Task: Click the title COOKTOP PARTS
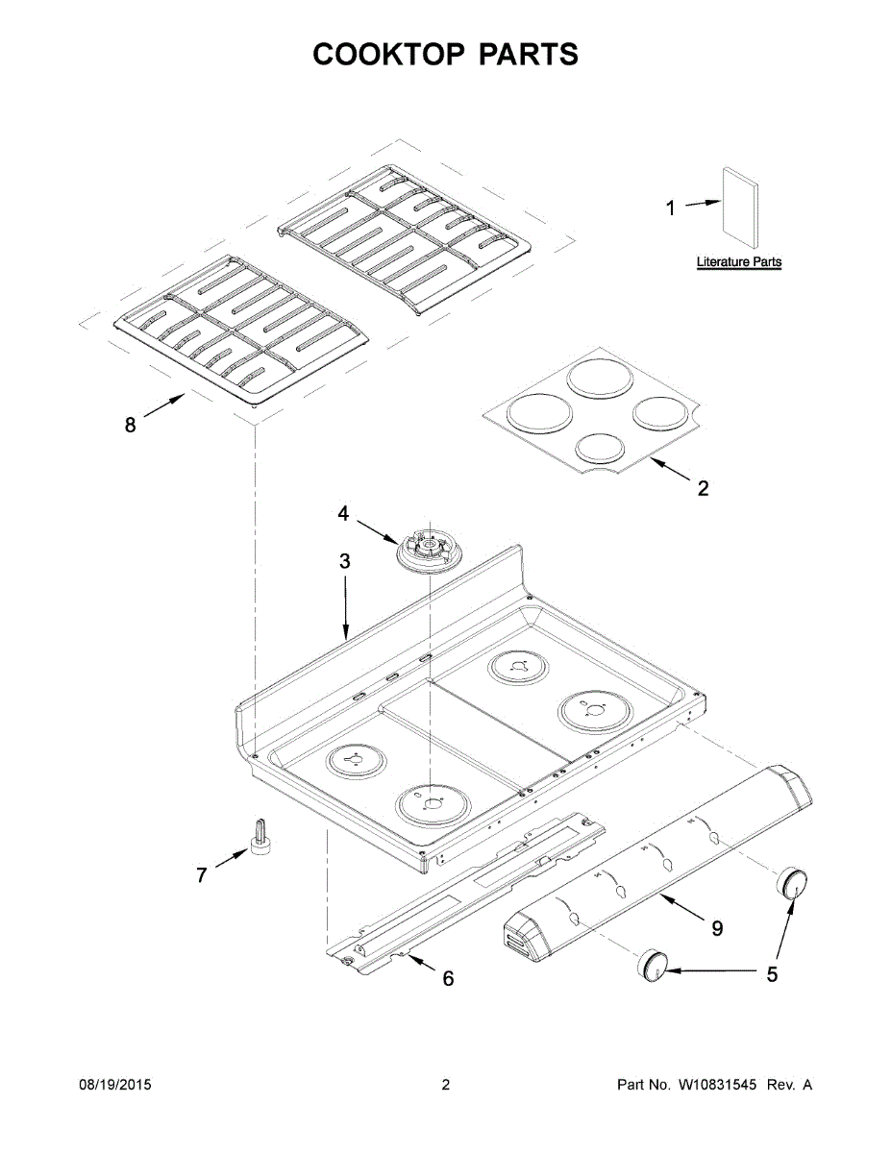445,55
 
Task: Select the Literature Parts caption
738,261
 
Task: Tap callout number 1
671,208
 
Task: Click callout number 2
703,488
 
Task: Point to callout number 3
345,562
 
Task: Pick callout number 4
343,514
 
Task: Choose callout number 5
772,974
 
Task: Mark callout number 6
448,978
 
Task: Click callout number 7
202,875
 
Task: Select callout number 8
131,424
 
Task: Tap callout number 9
717,928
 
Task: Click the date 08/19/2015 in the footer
114,1086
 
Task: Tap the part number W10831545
718,1086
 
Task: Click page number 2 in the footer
445,1086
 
